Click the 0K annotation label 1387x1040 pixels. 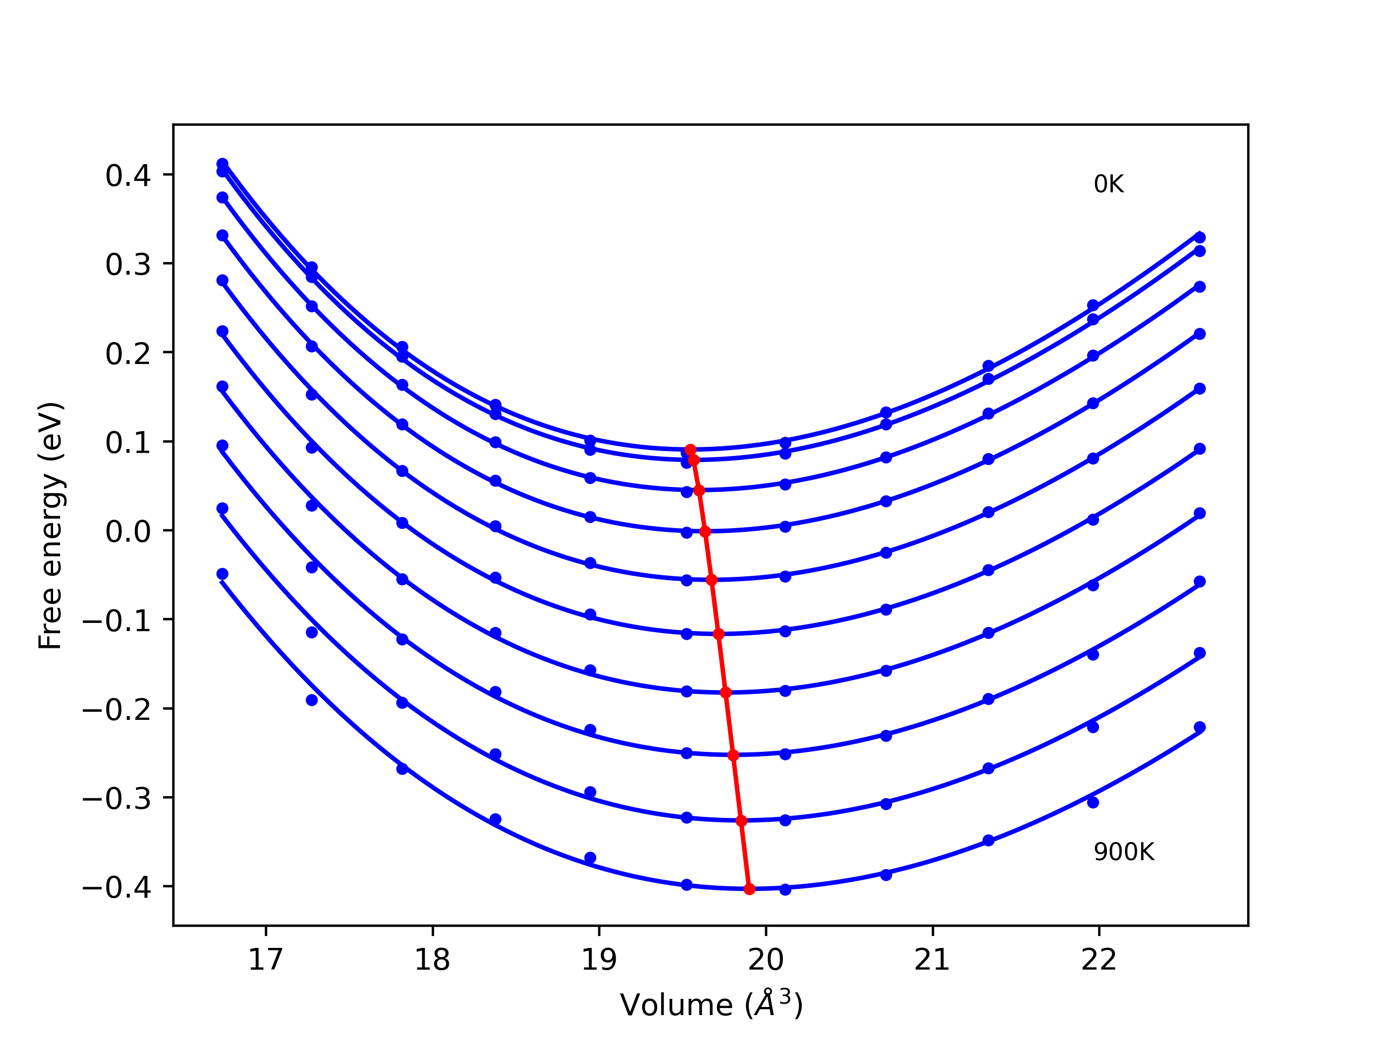[1108, 184]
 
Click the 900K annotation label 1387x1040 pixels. [1124, 853]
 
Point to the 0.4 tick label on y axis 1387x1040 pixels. [128, 176]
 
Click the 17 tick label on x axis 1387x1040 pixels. [266, 960]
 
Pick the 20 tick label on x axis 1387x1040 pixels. [766, 960]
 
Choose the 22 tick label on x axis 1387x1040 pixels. [1099, 960]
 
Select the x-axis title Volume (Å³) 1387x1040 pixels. [710, 1005]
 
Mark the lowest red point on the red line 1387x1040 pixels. [749, 889]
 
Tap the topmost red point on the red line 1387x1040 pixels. [690, 450]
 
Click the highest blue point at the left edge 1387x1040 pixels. [222, 164]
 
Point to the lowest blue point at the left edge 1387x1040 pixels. [222, 574]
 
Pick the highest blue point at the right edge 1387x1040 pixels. [1200, 238]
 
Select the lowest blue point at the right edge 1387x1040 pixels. [1200, 727]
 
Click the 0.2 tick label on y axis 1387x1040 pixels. [128, 354]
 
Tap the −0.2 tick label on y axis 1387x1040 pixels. [116, 710]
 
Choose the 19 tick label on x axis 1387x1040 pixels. [599, 960]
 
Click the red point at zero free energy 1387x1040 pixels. [705, 531]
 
